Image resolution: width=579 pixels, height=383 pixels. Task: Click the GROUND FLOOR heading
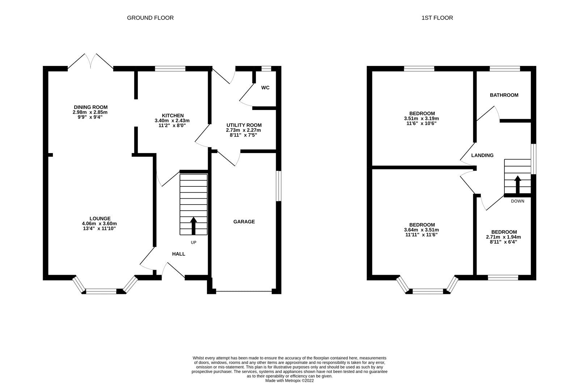coord(150,18)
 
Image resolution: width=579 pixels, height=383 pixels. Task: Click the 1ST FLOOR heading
coord(437,18)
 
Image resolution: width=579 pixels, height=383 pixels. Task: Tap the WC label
coord(265,88)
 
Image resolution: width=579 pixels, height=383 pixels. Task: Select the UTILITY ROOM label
coord(244,125)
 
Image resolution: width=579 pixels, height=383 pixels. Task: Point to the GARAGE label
coord(244,222)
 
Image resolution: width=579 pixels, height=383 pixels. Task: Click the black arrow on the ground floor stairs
coord(193,226)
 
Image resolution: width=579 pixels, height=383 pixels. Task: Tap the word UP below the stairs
coord(193,243)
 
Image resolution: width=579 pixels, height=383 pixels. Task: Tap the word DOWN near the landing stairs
coord(517,201)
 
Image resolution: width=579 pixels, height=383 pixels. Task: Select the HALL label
coord(178,254)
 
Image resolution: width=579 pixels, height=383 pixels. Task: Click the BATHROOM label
coord(504,95)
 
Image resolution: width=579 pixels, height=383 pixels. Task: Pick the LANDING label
coord(482,155)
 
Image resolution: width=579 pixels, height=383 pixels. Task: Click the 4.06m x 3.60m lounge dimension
coord(100,223)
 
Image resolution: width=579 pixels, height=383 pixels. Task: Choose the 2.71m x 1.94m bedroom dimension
coord(503,237)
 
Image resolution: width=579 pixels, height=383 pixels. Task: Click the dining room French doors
coord(90,62)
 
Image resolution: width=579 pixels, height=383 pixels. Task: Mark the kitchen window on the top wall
coord(170,68)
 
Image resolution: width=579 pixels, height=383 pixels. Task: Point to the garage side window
coord(278,186)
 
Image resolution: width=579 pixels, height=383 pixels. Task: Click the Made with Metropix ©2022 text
coord(289,380)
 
